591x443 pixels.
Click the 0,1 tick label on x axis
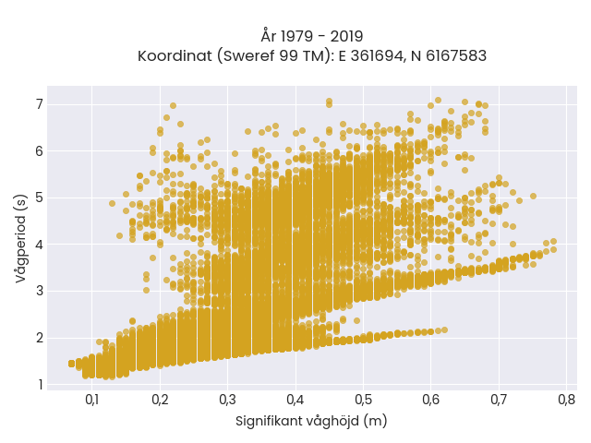pyautogui.click(x=92, y=400)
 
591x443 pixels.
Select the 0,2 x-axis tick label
pyautogui.click(x=160, y=400)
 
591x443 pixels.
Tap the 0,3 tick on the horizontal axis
pyautogui.click(x=228, y=400)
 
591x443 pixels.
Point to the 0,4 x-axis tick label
pyautogui.click(x=295, y=400)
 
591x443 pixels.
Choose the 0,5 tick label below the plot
pyautogui.click(x=363, y=400)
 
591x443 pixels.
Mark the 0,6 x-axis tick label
pyautogui.click(x=431, y=400)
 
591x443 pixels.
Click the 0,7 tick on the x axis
pyautogui.click(x=499, y=400)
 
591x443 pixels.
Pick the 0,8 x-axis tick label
pyautogui.click(x=566, y=400)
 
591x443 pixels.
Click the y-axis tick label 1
pyautogui.click(x=41, y=385)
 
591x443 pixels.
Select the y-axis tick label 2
pyautogui.click(x=40, y=338)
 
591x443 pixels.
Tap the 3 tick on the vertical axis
pyautogui.click(x=40, y=292)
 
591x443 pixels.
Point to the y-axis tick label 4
pyautogui.click(x=40, y=245)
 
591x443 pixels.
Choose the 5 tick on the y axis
pyautogui.click(x=40, y=198)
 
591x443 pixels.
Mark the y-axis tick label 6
pyautogui.click(x=40, y=151)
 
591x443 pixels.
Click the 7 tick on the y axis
pyautogui.click(x=40, y=104)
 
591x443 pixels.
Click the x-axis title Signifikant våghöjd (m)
pyautogui.click(x=311, y=421)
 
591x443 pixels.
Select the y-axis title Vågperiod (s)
pyautogui.click(x=20, y=239)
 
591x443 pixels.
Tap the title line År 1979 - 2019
pyautogui.click(x=312, y=37)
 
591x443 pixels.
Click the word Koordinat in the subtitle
pyautogui.click(x=175, y=56)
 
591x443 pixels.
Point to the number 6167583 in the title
pyautogui.click(x=456, y=56)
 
